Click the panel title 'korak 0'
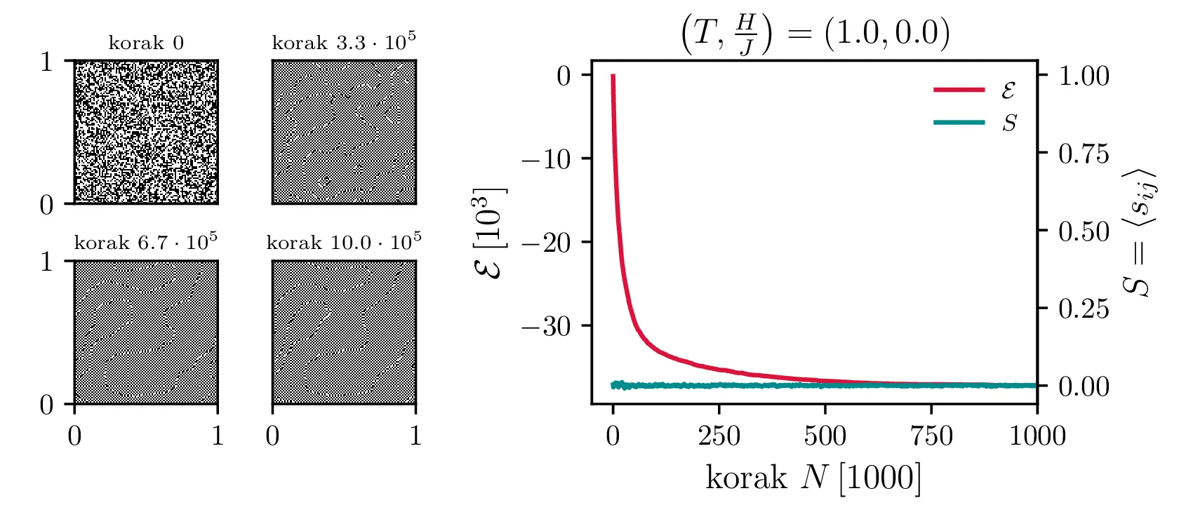point(146,43)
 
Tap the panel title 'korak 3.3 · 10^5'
point(344,42)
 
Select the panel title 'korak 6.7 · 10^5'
point(146,243)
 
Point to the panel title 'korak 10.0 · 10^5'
point(344,243)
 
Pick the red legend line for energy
point(959,90)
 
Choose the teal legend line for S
point(959,123)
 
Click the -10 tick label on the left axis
point(547,159)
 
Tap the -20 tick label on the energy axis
point(547,243)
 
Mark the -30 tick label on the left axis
point(547,326)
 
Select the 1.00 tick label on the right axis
point(1084,76)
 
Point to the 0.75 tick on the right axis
point(1084,154)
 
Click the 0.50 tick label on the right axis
point(1084,231)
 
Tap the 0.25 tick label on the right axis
point(1084,309)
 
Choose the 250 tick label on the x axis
point(719,436)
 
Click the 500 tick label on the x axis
point(825,436)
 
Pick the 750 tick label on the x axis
point(931,436)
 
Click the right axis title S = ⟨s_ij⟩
point(1140,233)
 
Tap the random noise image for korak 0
point(146,133)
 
